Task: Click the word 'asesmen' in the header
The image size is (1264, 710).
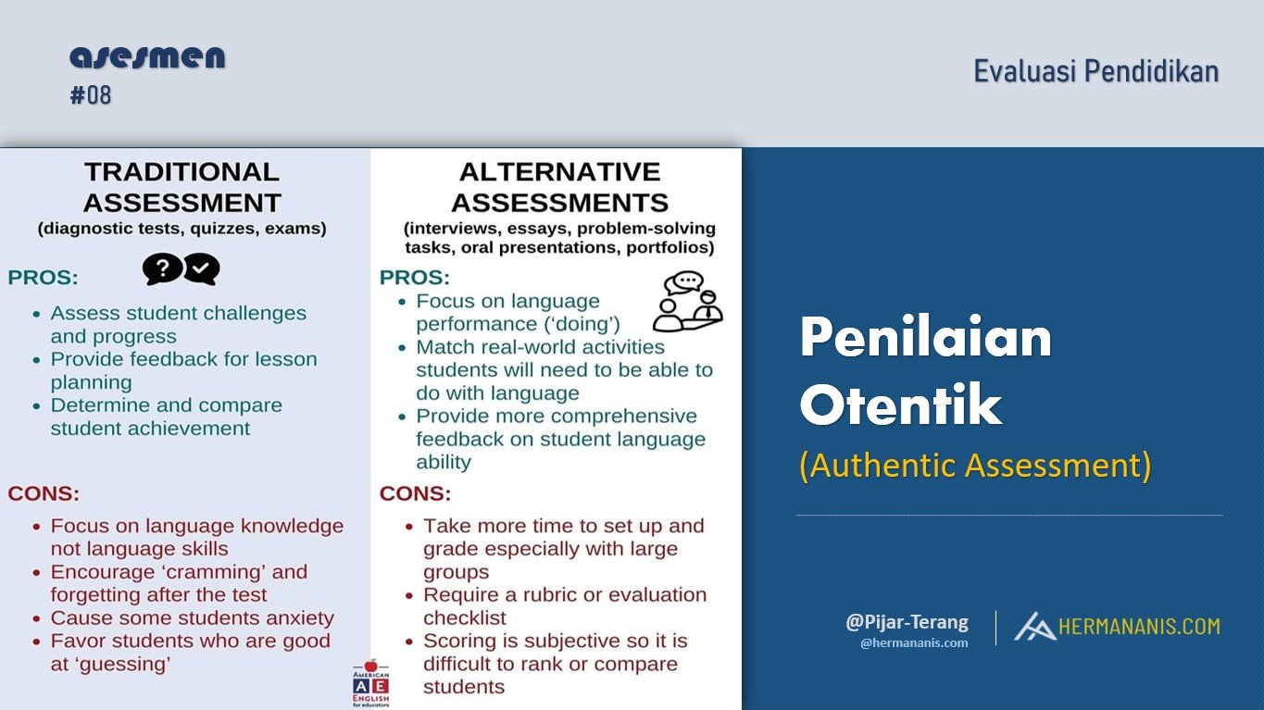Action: (147, 57)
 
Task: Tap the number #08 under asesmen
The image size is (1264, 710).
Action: (91, 95)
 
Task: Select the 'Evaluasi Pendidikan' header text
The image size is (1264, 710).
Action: (1095, 71)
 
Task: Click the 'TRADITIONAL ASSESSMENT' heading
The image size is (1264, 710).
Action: (181, 187)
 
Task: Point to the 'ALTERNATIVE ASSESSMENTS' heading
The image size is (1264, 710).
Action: (559, 187)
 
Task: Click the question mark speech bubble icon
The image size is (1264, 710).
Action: (162, 269)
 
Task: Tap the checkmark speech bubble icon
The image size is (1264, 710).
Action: (202, 269)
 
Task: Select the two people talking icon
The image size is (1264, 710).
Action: (687, 302)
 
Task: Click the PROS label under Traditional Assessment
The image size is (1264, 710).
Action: (43, 278)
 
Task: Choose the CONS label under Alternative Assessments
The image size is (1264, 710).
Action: (415, 493)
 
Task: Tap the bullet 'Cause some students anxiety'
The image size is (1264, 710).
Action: (192, 618)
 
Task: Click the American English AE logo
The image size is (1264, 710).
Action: (371, 683)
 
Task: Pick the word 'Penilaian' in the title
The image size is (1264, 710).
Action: (925, 339)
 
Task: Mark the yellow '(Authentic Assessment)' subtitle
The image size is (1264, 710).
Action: (975, 466)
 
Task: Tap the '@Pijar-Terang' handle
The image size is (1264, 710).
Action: (907, 622)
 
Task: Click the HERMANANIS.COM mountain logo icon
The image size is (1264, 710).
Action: (1033, 627)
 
